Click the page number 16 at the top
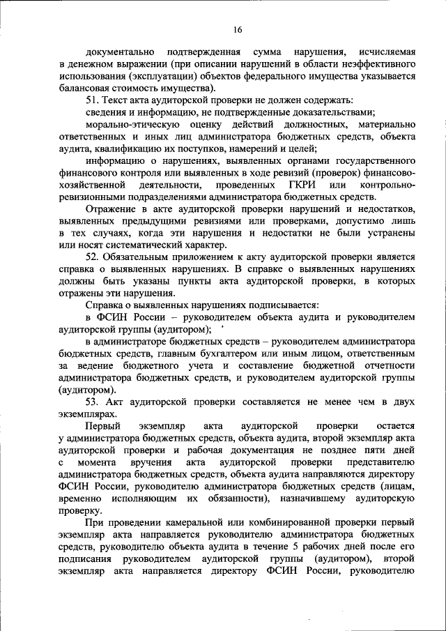point(237,29)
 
